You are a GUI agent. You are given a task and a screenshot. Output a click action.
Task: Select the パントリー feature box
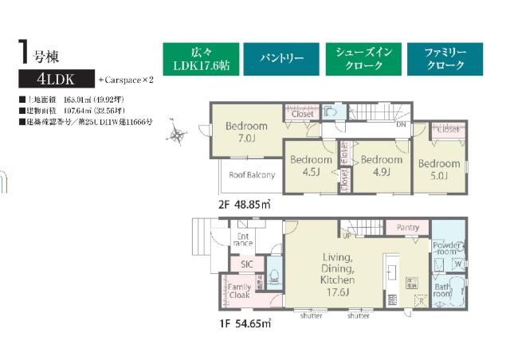(x=280, y=58)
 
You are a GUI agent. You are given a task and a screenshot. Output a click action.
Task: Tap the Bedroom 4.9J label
(x=381, y=166)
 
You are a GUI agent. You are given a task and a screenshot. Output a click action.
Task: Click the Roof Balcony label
(x=252, y=174)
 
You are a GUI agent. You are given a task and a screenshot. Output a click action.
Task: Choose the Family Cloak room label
(x=239, y=292)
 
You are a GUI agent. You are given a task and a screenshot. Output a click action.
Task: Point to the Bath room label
(x=441, y=289)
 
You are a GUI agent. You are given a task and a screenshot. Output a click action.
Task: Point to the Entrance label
(x=244, y=240)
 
